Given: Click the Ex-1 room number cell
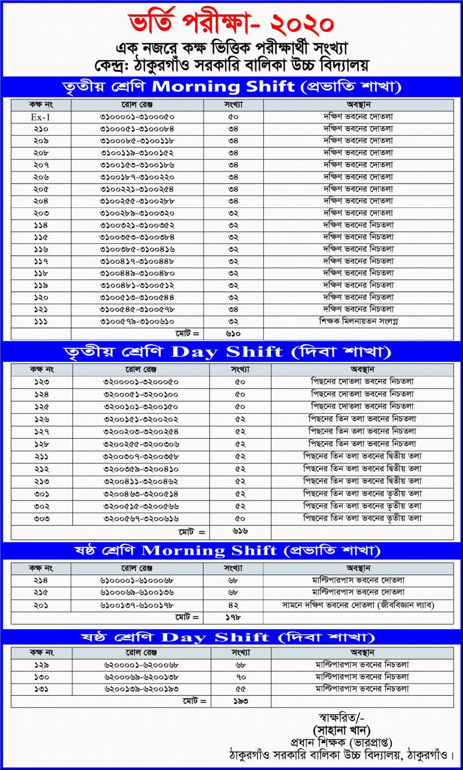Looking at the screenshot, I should click(41, 117).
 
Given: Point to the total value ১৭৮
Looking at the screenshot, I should click(233, 618).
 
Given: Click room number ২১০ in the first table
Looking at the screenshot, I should click(41, 129).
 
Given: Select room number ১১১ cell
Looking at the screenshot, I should click(41, 321).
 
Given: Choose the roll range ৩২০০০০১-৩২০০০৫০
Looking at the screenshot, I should click(142, 382).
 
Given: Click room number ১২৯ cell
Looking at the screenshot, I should click(42, 664).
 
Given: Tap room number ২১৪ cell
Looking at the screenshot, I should click(41, 580).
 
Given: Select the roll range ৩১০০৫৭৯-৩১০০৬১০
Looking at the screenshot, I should click(137, 321).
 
